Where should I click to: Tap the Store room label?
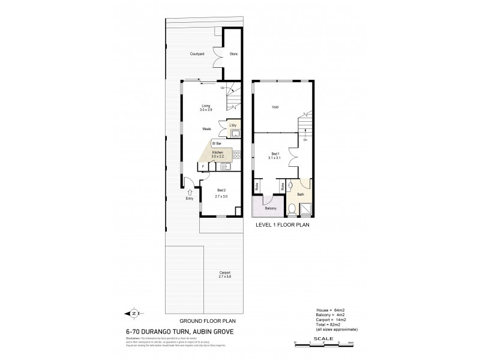click(233, 54)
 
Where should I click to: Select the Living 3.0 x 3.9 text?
click(206, 108)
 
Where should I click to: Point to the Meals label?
click(206, 128)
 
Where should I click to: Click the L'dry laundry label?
click(233, 125)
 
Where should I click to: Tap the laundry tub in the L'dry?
click(236, 134)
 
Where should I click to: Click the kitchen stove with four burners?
click(236, 155)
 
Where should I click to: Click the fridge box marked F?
click(203, 167)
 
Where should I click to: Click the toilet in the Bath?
click(292, 208)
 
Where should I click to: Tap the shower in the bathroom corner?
click(306, 209)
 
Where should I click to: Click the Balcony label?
click(270, 208)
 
